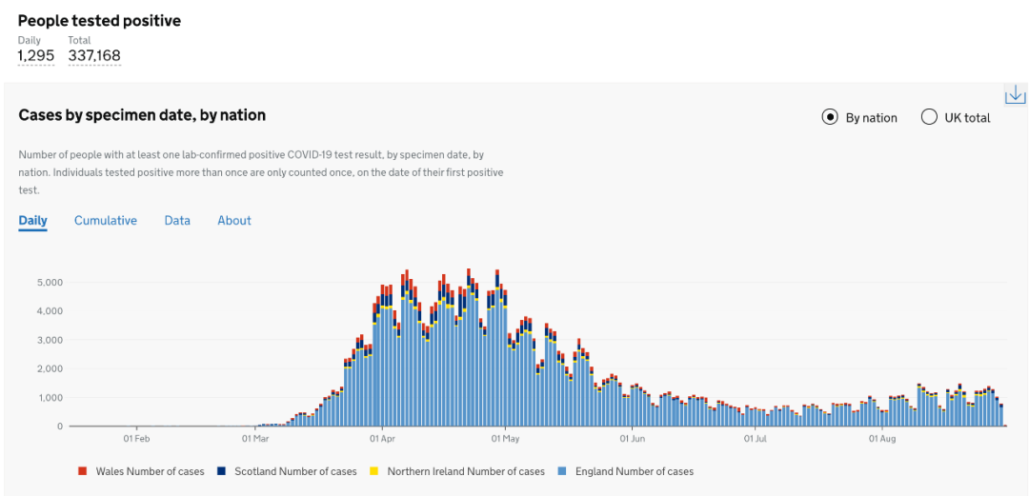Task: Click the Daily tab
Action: (x=32, y=221)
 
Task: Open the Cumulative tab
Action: (x=106, y=221)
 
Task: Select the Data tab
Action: (x=177, y=221)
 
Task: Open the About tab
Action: (x=234, y=221)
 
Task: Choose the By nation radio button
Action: (x=830, y=118)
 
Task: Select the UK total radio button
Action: (x=929, y=118)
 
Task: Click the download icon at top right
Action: (x=1016, y=94)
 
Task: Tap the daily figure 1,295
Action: (x=36, y=56)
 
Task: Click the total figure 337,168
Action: (x=94, y=56)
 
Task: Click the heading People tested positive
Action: (x=99, y=20)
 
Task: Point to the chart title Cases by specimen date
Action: (x=142, y=115)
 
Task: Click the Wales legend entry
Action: (x=142, y=471)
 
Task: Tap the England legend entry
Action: (x=629, y=471)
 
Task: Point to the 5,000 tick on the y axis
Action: (x=50, y=283)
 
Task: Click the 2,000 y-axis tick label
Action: (x=50, y=369)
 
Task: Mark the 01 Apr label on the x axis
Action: (x=381, y=440)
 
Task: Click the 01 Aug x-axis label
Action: (x=882, y=440)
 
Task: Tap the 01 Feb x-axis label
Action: (x=136, y=440)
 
